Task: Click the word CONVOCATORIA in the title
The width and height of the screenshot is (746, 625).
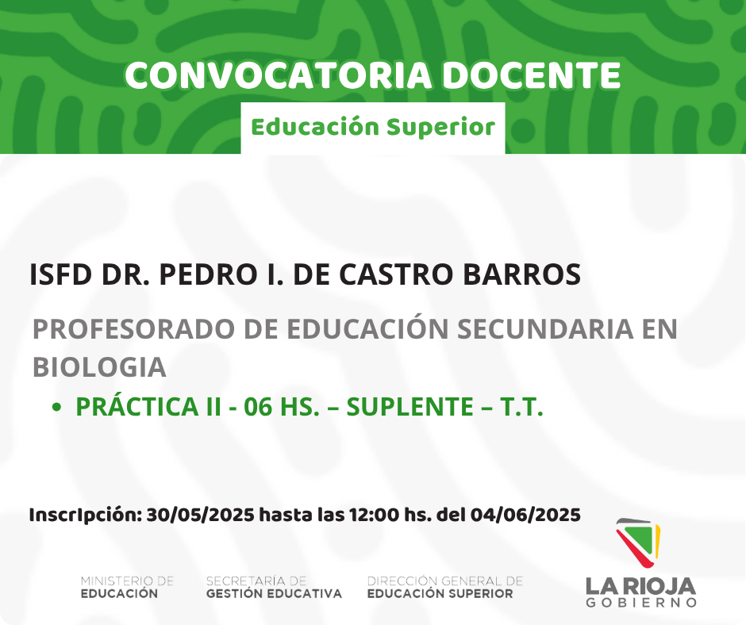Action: coord(279,75)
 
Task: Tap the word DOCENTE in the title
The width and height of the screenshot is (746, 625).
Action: coord(532,75)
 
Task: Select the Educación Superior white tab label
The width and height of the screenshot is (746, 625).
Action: coord(373,128)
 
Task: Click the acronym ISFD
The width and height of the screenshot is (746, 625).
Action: coord(60,274)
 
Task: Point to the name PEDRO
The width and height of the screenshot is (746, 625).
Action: coord(209,274)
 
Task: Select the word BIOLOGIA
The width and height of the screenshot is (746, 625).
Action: coord(99,368)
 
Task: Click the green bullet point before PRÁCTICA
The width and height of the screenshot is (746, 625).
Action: coord(56,407)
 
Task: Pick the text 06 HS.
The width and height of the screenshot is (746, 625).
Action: coord(282,407)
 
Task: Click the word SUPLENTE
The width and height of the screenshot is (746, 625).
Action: coord(410,407)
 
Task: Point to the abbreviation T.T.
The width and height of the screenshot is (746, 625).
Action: coord(521,407)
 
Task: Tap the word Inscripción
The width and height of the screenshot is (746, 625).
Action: coord(86,515)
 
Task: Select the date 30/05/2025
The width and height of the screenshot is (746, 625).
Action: coord(200,515)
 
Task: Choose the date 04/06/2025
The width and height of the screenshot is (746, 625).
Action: coord(525,515)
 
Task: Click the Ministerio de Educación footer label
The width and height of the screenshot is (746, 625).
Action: coord(127,588)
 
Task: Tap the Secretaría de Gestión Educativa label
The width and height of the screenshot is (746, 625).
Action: coord(274,588)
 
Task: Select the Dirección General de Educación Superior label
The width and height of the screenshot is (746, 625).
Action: coord(445,588)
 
